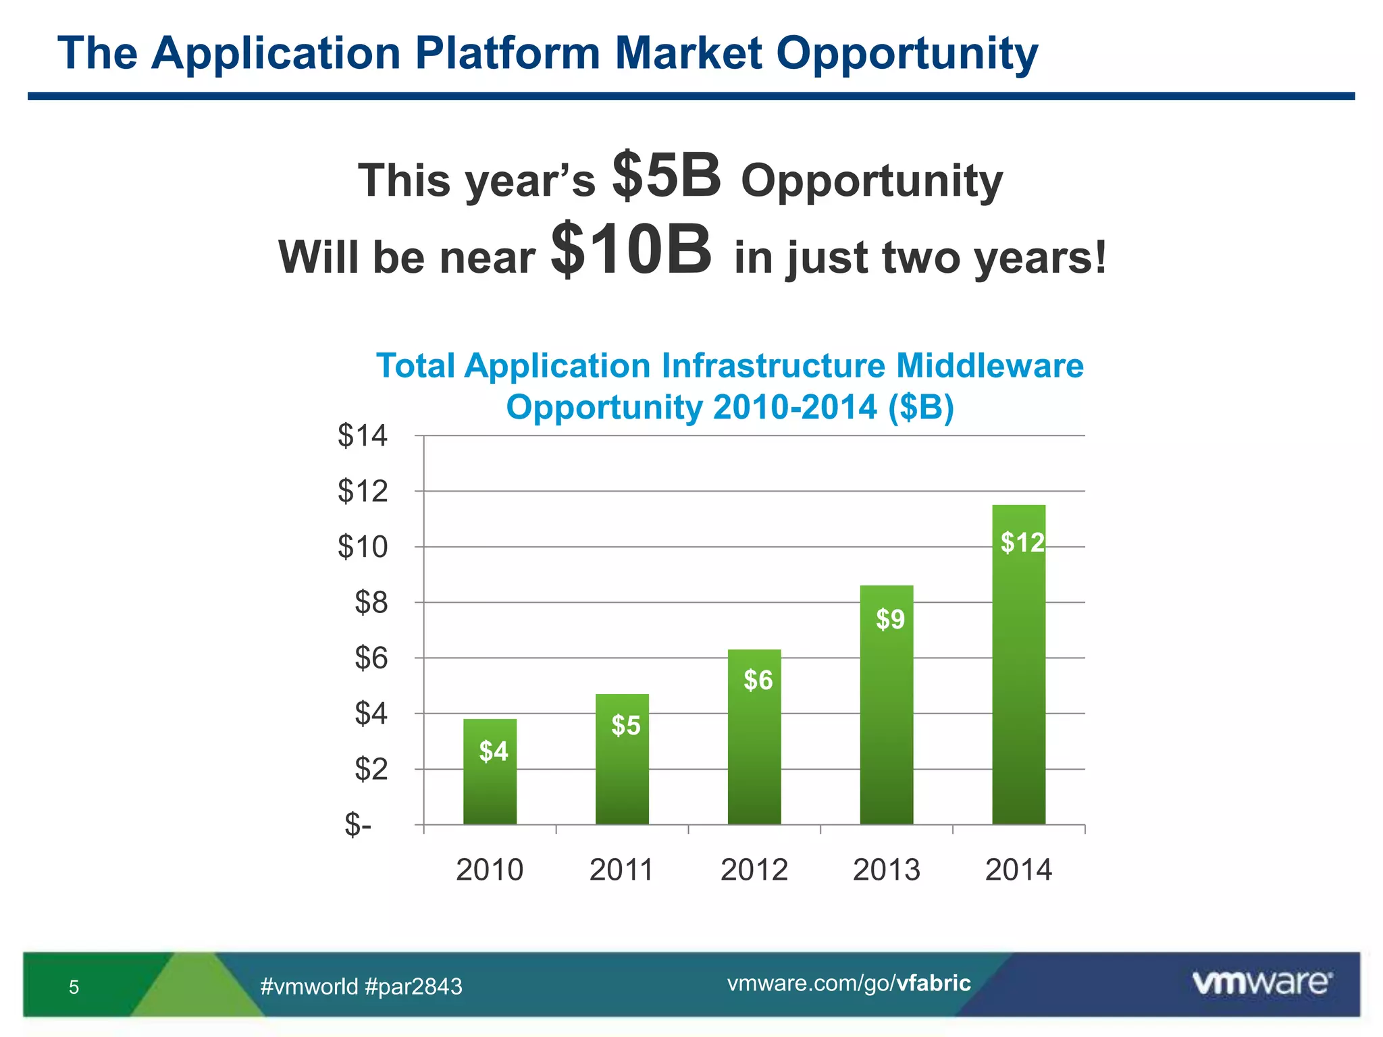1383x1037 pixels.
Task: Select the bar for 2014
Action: pos(1018,675)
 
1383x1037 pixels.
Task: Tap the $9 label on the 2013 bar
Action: pos(890,619)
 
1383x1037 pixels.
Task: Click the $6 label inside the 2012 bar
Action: pos(758,680)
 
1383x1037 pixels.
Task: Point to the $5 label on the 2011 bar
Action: pos(625,726)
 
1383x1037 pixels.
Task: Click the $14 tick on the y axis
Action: pos(363,435)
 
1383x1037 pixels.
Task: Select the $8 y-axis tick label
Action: pos(371,602)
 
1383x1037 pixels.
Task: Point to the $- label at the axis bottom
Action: pos(358,824)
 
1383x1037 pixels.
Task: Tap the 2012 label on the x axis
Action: pos(754,870)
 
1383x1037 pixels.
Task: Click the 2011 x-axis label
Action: pos(621,870)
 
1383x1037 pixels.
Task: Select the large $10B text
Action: pos(631,250)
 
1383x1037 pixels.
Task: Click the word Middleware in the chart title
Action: pos(989,366)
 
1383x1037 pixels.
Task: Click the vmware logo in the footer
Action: pos(1261,983)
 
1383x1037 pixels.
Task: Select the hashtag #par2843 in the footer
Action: pos(413,987)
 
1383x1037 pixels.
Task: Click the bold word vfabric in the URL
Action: pos(933,983)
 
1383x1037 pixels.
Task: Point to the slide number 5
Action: pos(74,987)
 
